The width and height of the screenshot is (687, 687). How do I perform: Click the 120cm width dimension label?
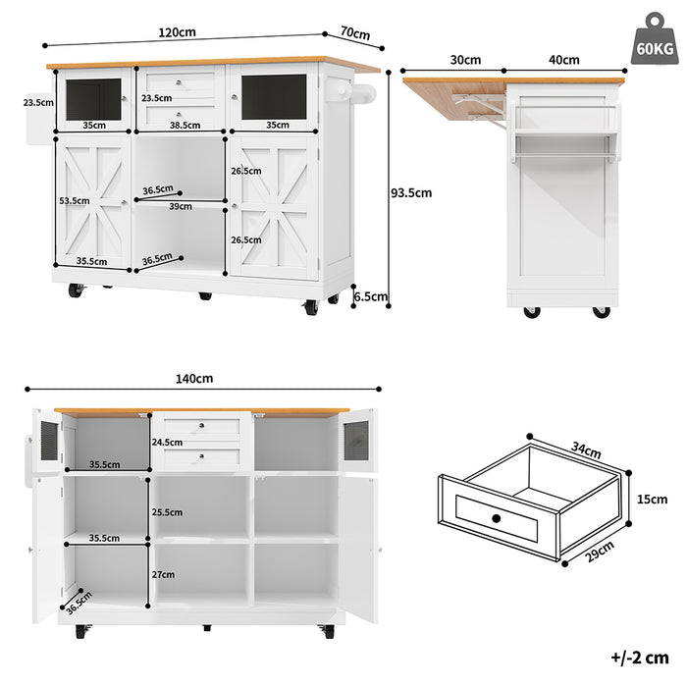[179, 32]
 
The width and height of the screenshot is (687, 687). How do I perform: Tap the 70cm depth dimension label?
[354, 34]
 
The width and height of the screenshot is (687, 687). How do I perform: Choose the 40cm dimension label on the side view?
[563, 60]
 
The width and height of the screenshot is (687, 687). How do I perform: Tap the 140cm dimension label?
[195, 379]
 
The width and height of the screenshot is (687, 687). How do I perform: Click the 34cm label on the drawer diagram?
[586, 451]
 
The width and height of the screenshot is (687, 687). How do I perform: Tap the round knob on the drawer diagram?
[497, 517]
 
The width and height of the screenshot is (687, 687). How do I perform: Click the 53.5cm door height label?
[74, 200]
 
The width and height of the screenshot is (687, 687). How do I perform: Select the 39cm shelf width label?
[181, 206]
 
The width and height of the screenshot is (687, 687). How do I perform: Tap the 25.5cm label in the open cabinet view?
[168, 511]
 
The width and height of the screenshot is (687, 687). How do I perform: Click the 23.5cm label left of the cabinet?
[38, 102]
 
